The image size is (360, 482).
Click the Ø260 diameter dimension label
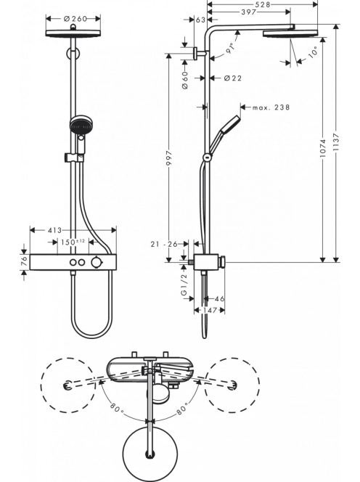coord(75,19)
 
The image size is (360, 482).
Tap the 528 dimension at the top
coord(263,4)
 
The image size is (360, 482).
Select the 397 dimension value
coord(249,12)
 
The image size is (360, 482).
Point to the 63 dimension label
coord(200,20)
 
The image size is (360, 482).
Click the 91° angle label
coord(231,49)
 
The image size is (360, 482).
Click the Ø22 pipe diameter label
coord(233,78)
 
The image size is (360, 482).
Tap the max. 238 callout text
coord(271,107)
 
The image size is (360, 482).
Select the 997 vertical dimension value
coord(169,159)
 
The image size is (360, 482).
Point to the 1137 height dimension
coord(336,142)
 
